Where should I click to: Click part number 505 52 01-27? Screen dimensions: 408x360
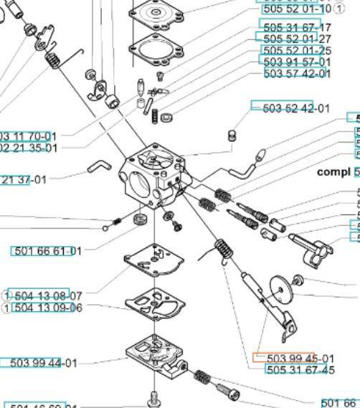(297, 39)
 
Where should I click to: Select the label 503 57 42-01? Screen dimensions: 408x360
(297, 74)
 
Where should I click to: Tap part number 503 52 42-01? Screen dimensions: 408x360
(296, 108)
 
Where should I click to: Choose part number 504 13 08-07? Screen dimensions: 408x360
(48, 295)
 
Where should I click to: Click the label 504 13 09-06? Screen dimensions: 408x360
(48, 308)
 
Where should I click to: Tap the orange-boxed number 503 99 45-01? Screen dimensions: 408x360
(300, 359)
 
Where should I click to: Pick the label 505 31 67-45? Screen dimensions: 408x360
(300, 370)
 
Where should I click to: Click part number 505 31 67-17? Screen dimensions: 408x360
(297, 26)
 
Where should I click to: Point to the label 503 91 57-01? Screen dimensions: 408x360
(297, 62)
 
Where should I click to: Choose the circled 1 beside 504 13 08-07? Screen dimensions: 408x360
(6, 295)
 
